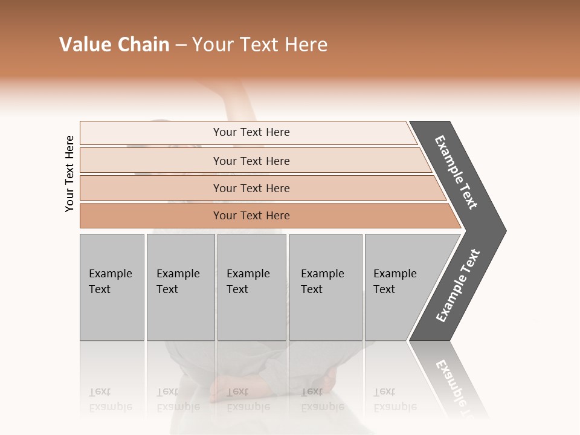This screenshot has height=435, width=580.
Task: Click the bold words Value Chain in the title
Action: [x=114, y=45]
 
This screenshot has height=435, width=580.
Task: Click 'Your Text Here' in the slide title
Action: [x=260, y=45]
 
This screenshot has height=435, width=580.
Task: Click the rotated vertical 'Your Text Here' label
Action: [x=69, y=173]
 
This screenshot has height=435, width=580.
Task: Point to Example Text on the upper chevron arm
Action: [x=456, y=172]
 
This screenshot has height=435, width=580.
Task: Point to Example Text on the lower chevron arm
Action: [x=458, y=286]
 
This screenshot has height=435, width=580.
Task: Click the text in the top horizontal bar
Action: [x=251, y=132]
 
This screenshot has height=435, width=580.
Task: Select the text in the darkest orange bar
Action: [x=251, y=216]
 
